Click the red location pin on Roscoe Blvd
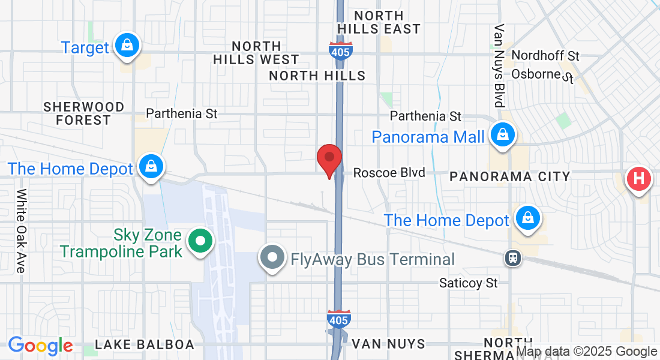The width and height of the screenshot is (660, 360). coord(329,158)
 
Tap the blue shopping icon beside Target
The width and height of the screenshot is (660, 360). coord(127,45)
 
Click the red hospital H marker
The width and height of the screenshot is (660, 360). coord(639,179)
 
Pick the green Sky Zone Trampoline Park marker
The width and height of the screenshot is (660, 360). coord(202,242)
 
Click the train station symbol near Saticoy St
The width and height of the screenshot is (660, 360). coord(513,258)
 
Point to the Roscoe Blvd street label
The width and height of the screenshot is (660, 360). coord(389,173)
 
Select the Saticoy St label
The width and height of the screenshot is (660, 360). coord(468,282)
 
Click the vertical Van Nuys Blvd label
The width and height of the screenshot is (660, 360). coord(499,66)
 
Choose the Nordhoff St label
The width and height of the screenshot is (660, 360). coord(545,56)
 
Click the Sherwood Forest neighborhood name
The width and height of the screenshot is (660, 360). coord(84,113)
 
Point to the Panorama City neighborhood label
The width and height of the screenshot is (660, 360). coord(509,176)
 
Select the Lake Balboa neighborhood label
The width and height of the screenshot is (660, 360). coord(145,344)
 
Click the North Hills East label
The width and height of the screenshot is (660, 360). coord(379,22)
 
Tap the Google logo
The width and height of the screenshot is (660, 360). coord(40,346)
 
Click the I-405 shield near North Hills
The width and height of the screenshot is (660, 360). coord(340,50)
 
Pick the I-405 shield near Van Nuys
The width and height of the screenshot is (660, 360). coord(338,319)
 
